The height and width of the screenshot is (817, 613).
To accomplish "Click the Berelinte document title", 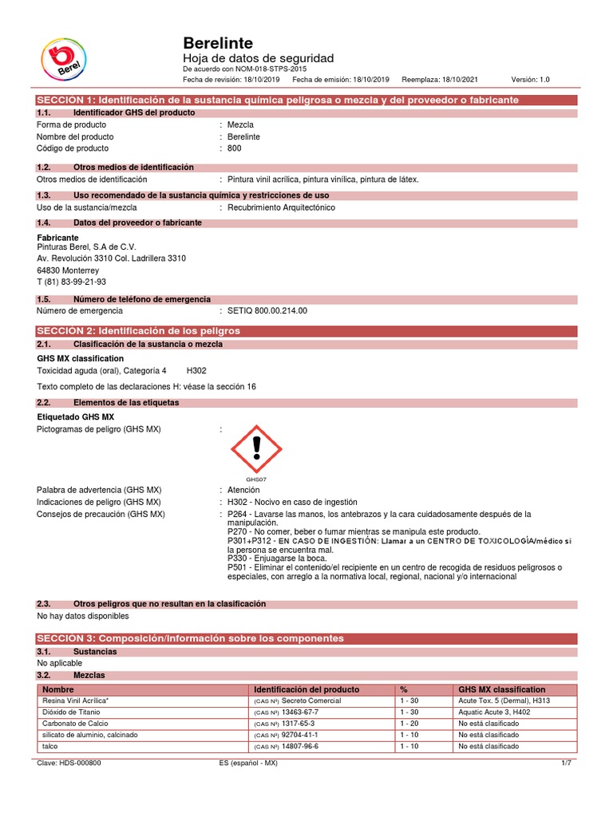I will [x=219, y=43].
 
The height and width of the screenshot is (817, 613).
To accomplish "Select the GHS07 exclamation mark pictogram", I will [x=256, y=448].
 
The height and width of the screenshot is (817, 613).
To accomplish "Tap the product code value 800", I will [x=234, y=148].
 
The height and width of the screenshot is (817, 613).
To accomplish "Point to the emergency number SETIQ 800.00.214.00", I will [x=267, y=310].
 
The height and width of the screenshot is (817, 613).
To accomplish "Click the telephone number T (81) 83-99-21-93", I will [x=72, y=282].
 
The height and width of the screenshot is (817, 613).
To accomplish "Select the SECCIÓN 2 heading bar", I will [x=306, y=330].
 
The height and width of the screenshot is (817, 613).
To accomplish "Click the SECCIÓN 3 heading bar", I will [x=306, y=638].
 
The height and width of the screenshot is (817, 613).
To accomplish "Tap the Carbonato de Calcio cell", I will [x=73, y=723].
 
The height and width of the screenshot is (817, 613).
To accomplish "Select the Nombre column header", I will [x=57, y=689].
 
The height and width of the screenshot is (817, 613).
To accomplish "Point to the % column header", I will [x=404, y=689].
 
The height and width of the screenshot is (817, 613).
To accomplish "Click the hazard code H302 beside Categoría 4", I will [x=196, y=370].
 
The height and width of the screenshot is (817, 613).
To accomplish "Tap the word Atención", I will [x=244, y=489].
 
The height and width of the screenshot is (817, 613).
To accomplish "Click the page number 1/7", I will [x=568, y=763].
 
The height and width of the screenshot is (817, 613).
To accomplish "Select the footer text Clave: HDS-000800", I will [x=69, y=763].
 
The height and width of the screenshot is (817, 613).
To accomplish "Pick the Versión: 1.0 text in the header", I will [x=530, y=80].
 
